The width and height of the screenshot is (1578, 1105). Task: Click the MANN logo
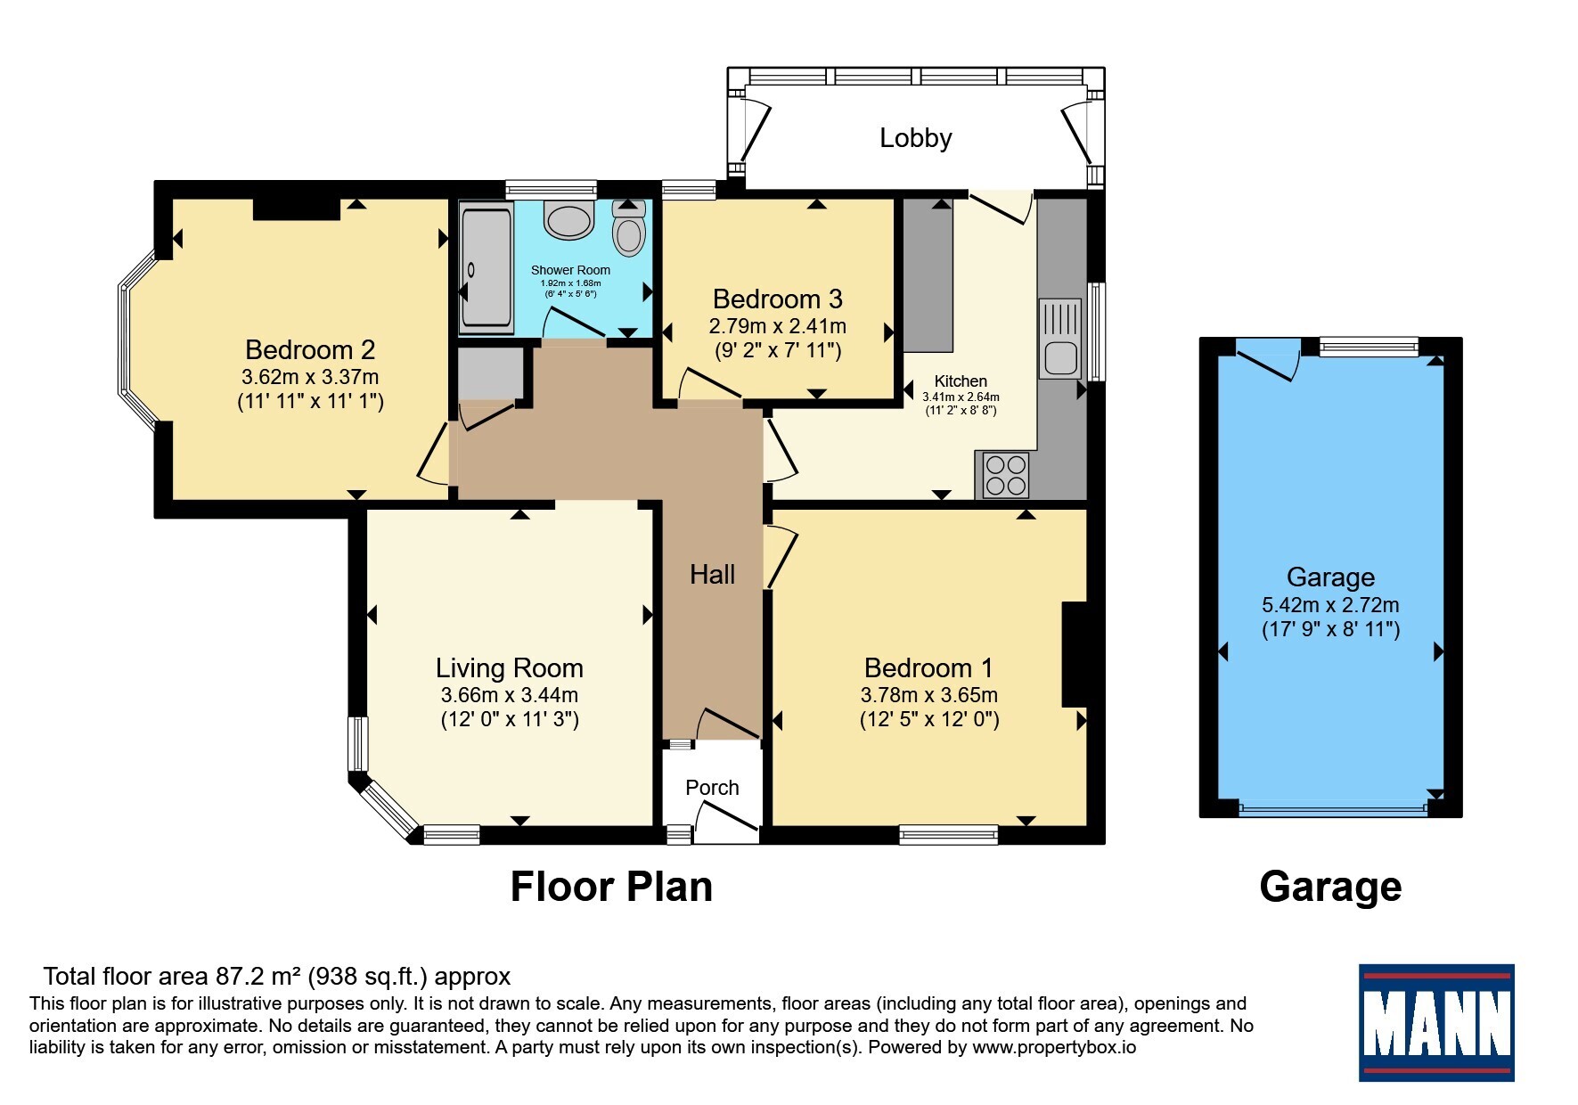(1435, 1022)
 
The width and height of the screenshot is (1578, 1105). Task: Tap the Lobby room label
(916, 138)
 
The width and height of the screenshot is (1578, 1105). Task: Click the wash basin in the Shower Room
(568, 219)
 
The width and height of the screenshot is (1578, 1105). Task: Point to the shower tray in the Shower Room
(486, 266)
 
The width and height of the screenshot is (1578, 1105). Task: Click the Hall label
(712, 575)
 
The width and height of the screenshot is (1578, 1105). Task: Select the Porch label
(712, 788)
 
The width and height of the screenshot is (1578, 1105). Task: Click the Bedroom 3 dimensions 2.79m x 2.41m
(778, 326)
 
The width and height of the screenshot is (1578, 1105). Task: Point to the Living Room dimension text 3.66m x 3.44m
(510, 695)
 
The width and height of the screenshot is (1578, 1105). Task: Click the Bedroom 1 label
(928, 667)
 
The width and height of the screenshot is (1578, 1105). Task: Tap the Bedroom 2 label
(310, 349)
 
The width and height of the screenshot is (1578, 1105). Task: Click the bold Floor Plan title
(611, 888)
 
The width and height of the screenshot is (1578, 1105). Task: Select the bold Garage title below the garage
(1330, 888)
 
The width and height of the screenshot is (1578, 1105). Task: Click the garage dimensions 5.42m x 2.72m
(1330, 605)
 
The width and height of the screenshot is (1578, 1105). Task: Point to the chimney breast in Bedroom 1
(1075, 655)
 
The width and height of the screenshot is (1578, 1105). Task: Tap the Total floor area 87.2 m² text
(277, 977)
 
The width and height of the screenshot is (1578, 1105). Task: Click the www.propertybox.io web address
(1054, 1048)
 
